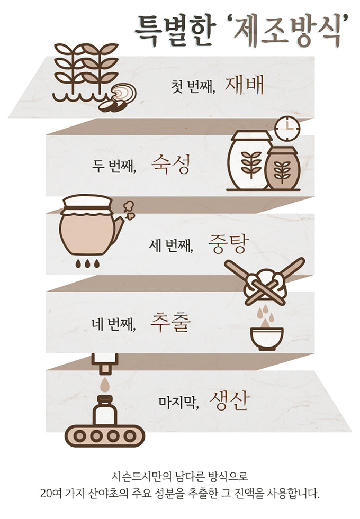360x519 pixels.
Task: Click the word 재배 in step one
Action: [x=244, y=85]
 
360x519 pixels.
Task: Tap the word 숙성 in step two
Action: [x=171, y=165]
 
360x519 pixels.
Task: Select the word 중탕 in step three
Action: [x=228, y=244]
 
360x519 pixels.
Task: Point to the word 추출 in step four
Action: [x=170, y=323]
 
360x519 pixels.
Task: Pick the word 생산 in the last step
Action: [x=229, y=401]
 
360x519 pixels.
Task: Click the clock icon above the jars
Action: [x=287, y=127]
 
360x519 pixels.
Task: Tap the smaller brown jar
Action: [x=283, y=168]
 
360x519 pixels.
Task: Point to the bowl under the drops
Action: [x=267, y=338]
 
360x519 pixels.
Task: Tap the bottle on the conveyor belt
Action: [x=105, y=410]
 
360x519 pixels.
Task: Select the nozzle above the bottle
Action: [x=105, y=363]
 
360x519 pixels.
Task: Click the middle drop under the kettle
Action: [x=87, y=263]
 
